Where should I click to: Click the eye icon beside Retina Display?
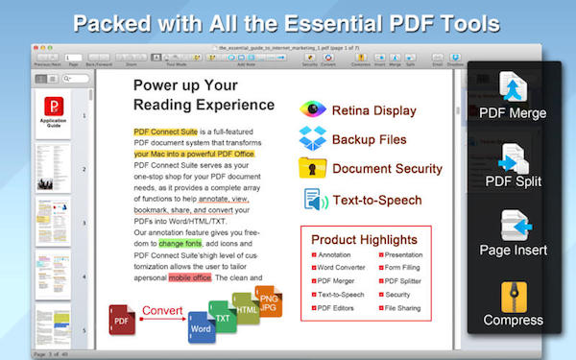[312, 108]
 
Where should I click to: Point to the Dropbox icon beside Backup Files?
[312, 138]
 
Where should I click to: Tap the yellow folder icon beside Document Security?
[312, 168]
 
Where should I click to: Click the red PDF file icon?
[122, 319]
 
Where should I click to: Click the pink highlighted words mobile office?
[190, 277]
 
